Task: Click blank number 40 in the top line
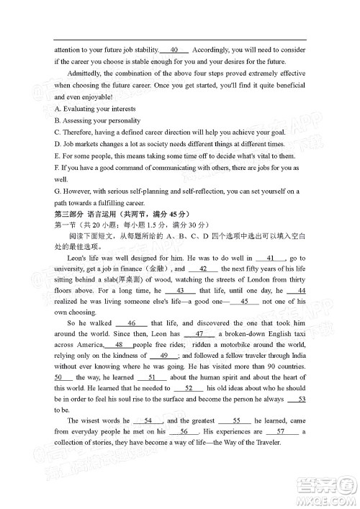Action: [x=174, y=50]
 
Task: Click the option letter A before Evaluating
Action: [x=56, y=109]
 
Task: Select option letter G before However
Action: [x=57, y=191]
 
